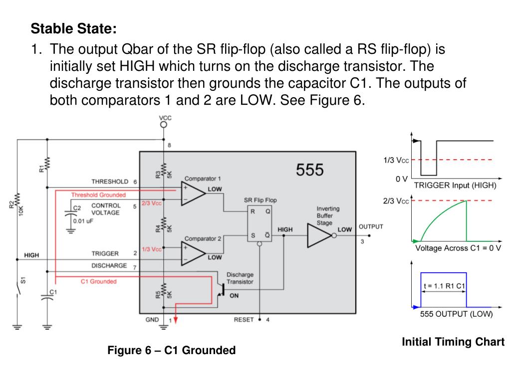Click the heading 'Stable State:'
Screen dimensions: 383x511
73,28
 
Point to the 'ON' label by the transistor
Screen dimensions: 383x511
234,295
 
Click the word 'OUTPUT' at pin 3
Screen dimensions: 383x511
371,226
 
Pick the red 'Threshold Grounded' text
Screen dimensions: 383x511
98,195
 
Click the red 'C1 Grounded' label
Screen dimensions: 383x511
98,281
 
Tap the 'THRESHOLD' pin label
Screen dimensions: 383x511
110,182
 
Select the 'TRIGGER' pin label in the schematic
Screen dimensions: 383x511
105,254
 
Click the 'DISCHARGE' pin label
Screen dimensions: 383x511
109,266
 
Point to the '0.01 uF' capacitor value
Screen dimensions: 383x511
84,220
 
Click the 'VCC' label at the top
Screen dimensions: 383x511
165,118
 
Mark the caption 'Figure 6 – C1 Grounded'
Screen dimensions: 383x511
171,351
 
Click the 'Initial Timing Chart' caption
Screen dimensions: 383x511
453,342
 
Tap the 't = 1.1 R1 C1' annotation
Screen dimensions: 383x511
443,286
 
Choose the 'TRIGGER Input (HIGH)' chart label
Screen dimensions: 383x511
455,185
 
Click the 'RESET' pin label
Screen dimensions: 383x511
244,320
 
